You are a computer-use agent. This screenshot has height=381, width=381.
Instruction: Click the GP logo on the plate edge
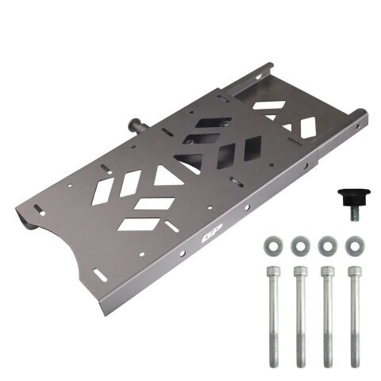212,233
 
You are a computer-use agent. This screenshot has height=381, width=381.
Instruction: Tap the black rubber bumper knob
354,198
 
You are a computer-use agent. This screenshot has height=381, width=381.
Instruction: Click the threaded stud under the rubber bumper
354,214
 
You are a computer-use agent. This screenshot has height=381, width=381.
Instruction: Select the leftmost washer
273,246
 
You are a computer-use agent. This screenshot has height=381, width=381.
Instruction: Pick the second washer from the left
300,246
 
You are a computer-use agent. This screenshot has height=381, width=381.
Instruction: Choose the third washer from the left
328,246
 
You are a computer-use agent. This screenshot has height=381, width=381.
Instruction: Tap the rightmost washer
355,246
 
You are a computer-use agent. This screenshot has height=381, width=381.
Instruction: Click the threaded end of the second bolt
301,350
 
